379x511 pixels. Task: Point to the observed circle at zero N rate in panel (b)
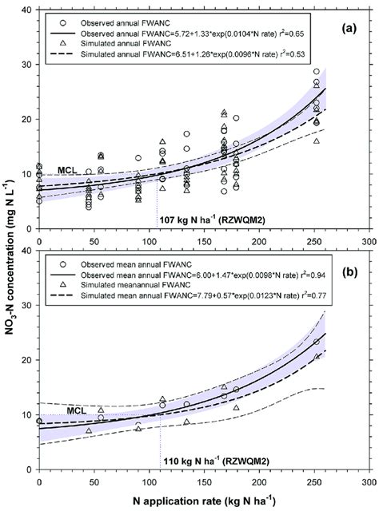pyautogui.click(x=39, y=421)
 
